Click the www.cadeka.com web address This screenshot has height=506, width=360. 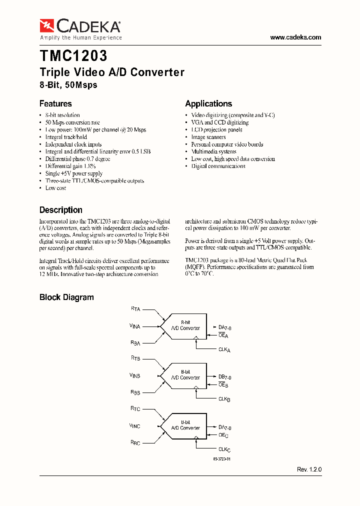[x=295, y=37]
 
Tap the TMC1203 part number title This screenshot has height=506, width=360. [x=73, y=55]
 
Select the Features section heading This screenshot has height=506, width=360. [x=55, y=103]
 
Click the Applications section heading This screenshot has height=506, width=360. [x=208, y=103]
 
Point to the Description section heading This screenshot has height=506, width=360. [x=61, y=210]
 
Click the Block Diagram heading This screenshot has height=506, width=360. [x=66, y=297]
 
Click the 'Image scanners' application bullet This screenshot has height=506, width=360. [x=208, y=137]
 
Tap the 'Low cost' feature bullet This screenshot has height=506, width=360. [x=55, y=188]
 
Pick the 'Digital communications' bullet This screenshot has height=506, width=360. [x=218, y=166]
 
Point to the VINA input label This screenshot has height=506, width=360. [x=135, y=326]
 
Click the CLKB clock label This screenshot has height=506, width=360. [x=224, y=398]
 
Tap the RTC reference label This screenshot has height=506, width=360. [x=135, y=408]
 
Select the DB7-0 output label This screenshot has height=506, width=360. [x=224, y=376]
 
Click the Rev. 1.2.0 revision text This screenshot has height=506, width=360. [x=309, y=470]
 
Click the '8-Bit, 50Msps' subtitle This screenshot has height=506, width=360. [x=68, y=85]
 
